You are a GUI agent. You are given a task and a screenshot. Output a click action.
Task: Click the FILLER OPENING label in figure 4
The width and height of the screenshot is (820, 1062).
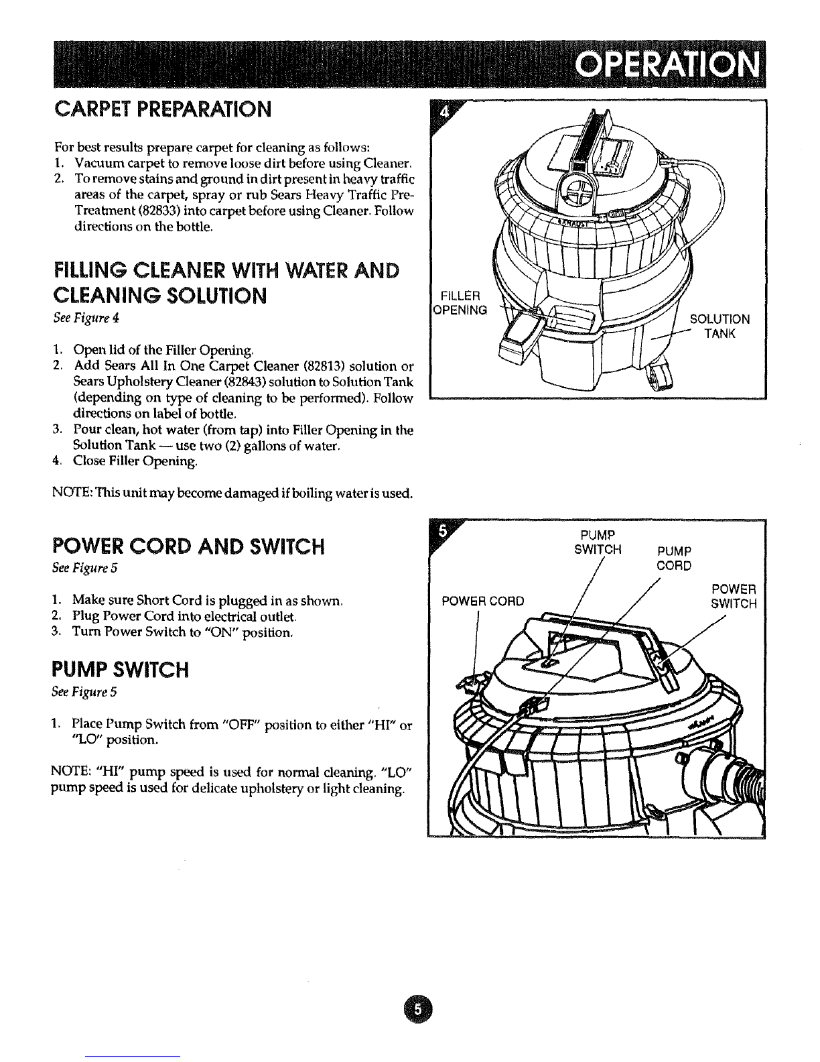click(460, 302)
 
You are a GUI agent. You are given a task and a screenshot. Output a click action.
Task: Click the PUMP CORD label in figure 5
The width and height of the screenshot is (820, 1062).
click(675, 558)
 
